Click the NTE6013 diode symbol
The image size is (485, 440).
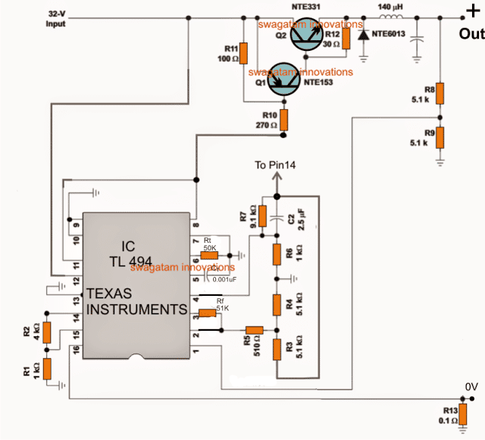[364, 36]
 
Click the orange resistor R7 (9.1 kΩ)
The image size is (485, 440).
[262, 215]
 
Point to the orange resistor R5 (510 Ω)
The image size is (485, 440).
[254, 330]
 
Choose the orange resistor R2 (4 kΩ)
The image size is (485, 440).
[47, 332]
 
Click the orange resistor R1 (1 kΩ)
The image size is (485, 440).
[47, 369]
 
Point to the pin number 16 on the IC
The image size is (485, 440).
[76, 350]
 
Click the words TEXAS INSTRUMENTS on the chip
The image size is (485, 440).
[136, 301]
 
